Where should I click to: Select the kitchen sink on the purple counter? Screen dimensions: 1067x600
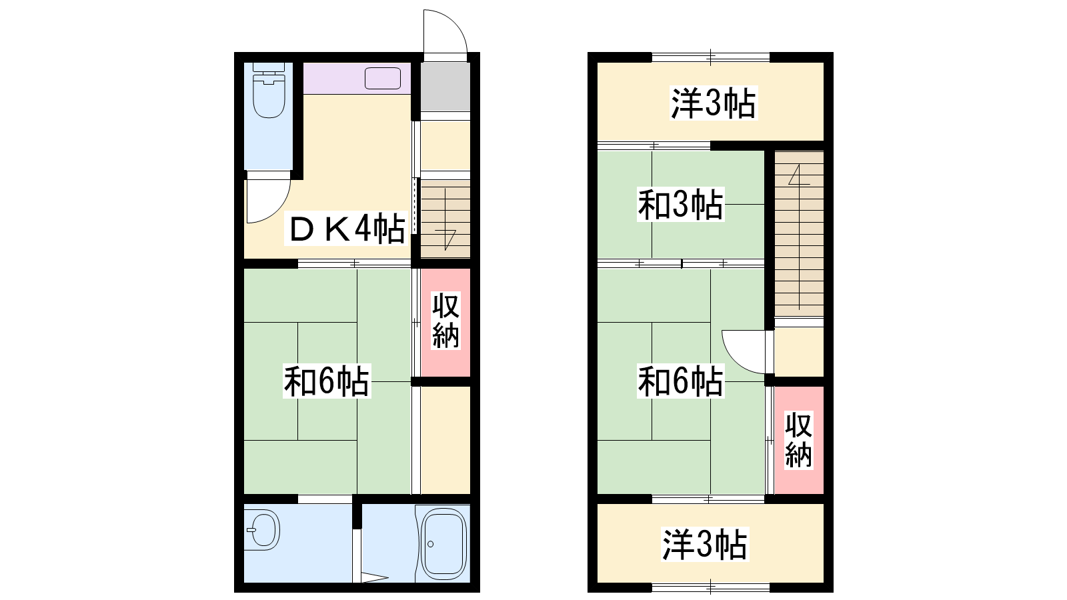tap(383, 79)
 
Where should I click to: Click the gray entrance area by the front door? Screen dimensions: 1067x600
tap(445, 86)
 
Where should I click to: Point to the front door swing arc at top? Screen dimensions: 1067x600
tap(453, 21)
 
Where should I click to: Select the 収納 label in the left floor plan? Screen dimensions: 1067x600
tap(445, 321)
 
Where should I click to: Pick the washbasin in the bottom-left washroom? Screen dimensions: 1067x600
tap(263, 530)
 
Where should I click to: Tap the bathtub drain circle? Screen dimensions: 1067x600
tap(431, 544)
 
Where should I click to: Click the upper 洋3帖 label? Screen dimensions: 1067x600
tap(713, 103)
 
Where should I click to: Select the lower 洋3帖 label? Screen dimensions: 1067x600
tap(705, 544)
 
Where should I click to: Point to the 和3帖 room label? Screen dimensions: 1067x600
tap(681, 205)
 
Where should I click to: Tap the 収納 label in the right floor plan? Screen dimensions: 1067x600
tap(798, 440)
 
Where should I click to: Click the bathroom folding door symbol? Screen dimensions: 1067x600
tap(374, 578)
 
